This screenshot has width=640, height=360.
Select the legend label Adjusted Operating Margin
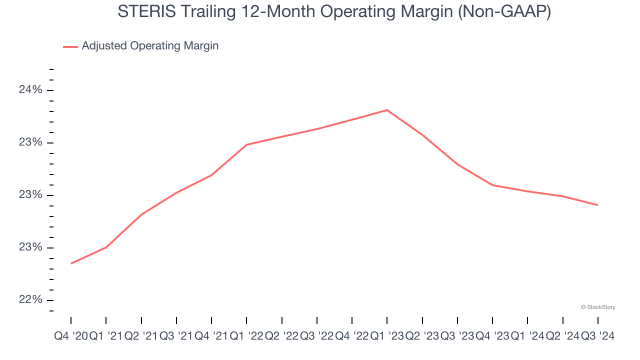click(x=150, y=46)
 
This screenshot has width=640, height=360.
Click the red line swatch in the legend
click(x=70, y=46)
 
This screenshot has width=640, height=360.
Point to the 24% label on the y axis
click(x=30, y=90)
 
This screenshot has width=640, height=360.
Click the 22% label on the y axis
click(x=30, y=300)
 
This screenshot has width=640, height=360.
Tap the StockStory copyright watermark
click(x=598, y=307)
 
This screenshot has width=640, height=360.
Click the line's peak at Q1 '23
click(x=387, y=110)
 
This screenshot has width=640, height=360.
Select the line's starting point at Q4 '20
click(x=71, y=263)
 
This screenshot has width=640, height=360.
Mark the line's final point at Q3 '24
click(x=597, y=205)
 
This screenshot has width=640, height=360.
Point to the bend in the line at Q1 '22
click(x=246, y=145)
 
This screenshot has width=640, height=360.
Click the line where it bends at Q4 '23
click(x=492, y=185)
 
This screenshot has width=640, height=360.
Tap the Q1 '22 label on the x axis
click(x=246, y=336)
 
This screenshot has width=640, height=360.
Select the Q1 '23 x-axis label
click(x=387, y=336)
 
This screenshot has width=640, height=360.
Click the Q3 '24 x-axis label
click(x=597, y=336)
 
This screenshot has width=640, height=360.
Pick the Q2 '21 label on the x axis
click(x=141, y=336)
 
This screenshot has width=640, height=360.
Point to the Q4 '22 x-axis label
click(x=352, y=336)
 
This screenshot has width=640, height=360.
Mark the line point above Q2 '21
click(x=141, y=214)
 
